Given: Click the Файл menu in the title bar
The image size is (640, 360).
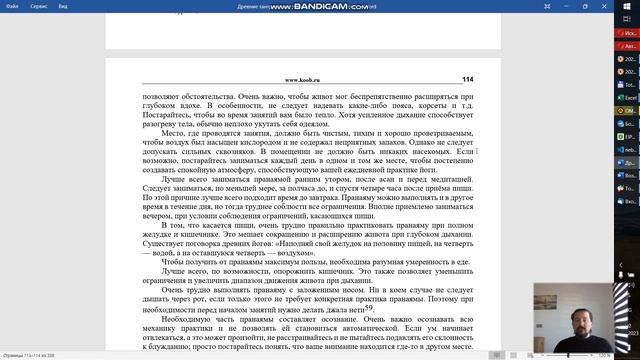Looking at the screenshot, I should point(12,6).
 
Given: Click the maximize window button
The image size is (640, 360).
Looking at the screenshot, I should point(556,6).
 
